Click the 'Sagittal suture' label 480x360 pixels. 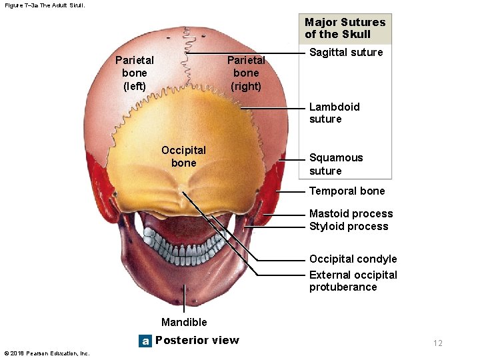(346, 53)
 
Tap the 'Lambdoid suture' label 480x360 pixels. (334, 113)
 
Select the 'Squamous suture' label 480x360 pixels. (336, 164)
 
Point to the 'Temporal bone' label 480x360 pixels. (347, 191)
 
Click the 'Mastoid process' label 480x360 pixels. (351, 214)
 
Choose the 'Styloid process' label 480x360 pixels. (348, 227)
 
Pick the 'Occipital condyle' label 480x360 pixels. (353, 259)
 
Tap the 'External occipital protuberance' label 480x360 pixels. (353, 281)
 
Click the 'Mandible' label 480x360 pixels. (184, 323)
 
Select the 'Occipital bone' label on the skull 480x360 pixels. (183, 157)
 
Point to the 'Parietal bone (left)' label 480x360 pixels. (135, 73)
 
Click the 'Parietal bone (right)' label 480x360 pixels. (246, 73)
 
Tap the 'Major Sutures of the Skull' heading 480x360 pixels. (345, 28)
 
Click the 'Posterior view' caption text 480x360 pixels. (197, 341)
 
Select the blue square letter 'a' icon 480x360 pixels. (145, 341)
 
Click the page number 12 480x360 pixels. (437, 343)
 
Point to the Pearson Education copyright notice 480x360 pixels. (46, 353)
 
